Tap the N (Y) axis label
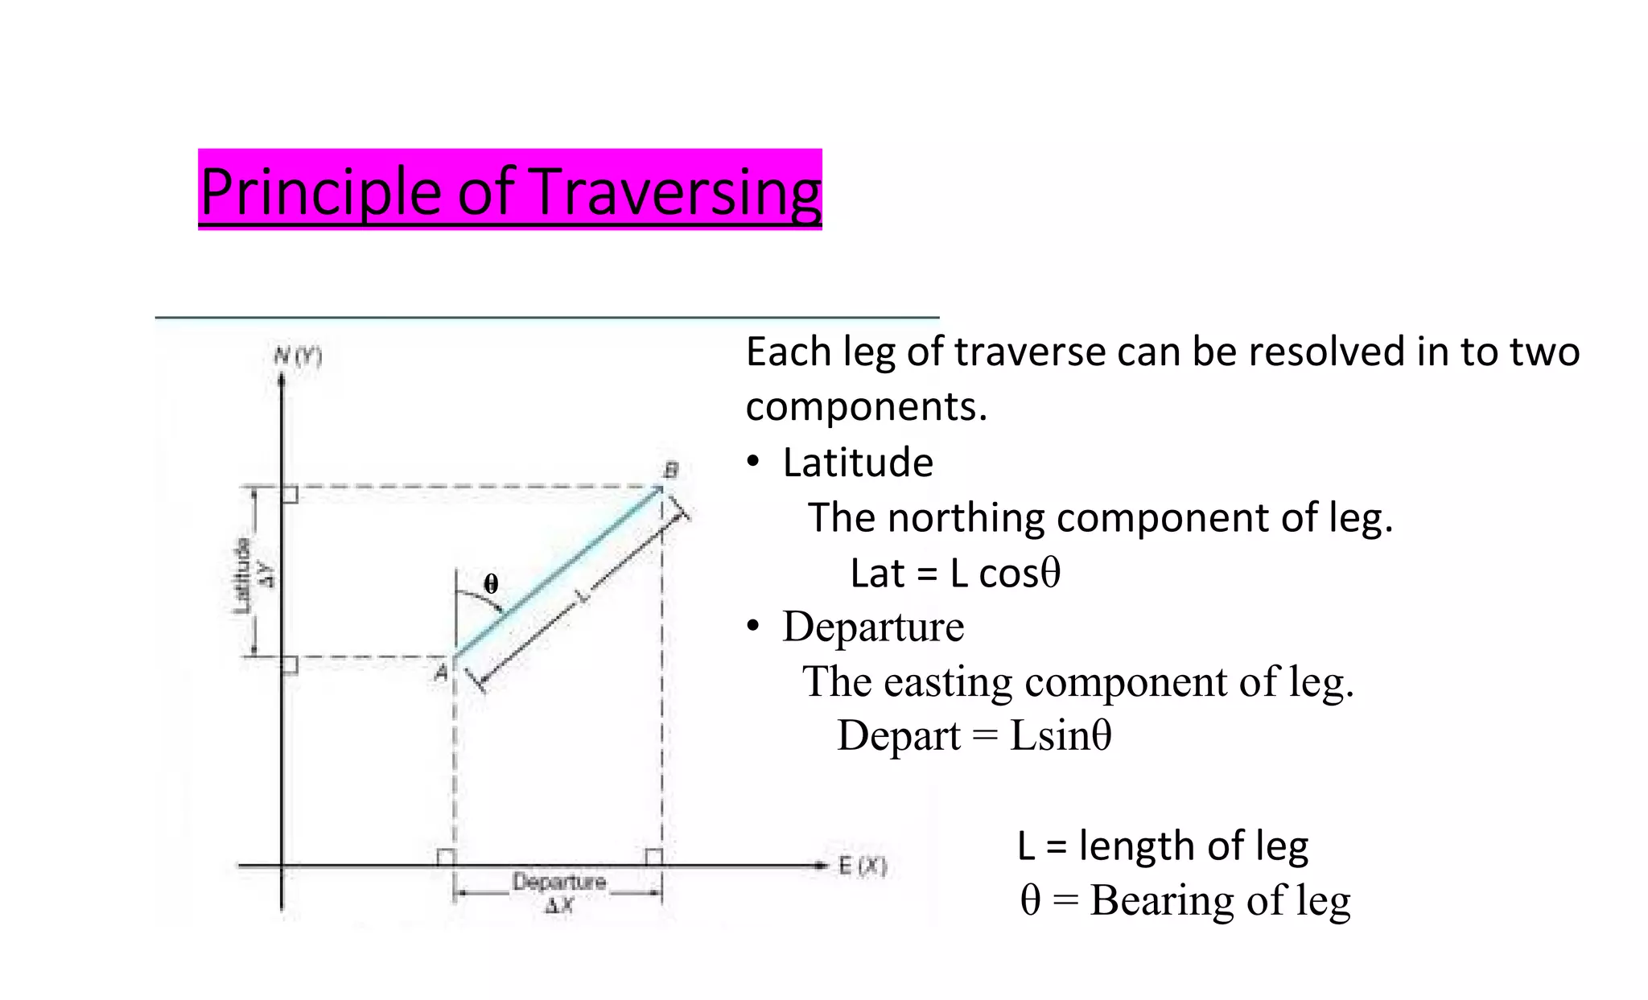[x=298, y=356]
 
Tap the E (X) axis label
[x=862, y=866]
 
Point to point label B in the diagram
[x=670, y=470]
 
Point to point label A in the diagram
[x=441, y=672]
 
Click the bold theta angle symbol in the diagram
[x=491, y=583]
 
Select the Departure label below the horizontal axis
[x=558, y=882]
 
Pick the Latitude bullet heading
[x=857, y=463]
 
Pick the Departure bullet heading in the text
[x=872, y=627]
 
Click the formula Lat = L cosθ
[x=955, y=574]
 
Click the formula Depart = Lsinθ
[x=974, y=735]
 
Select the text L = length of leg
[x=1162, y=846]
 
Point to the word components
[x=865, y=407]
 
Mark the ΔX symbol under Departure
[x=558, y=906]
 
